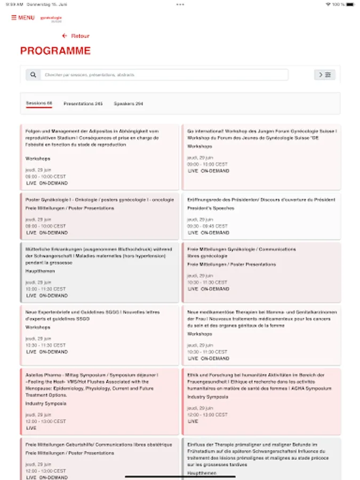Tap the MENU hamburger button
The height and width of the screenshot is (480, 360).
[22, 18]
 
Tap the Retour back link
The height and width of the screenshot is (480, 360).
[76, 36]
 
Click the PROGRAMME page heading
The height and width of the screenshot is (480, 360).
[55, 51]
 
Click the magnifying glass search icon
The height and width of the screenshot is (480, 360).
[33, 75]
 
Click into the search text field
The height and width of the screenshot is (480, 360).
[164, 75]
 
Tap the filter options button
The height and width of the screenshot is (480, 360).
[325, 75]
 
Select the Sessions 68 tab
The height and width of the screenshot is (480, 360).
[39, 103]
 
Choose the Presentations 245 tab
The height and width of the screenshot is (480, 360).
[83, 103]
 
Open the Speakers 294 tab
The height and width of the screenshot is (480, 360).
[129, 103]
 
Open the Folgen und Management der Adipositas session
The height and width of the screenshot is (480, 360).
[92, 138]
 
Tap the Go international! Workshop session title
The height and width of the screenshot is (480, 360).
[262, 134]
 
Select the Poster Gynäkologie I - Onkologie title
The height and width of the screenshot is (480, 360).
[100, 200]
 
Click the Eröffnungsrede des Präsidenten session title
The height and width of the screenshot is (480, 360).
[261, 200]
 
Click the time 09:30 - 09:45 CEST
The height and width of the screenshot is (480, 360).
[207, 226]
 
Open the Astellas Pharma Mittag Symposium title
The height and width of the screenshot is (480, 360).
[91, 382]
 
